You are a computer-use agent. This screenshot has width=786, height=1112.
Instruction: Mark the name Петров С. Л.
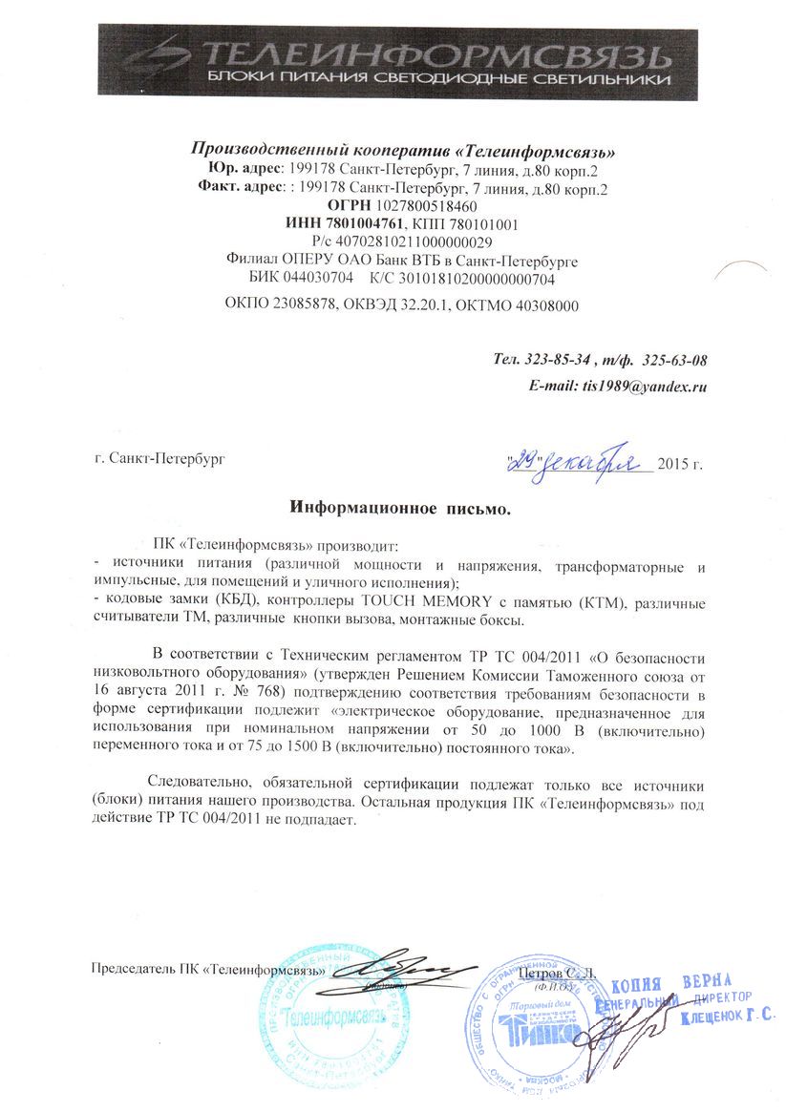(x=561, y=972)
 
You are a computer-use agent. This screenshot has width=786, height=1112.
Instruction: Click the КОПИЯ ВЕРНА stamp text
(x=671, y=984)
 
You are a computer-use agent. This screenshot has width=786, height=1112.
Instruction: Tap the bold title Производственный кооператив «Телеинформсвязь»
(x=404, y=150)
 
